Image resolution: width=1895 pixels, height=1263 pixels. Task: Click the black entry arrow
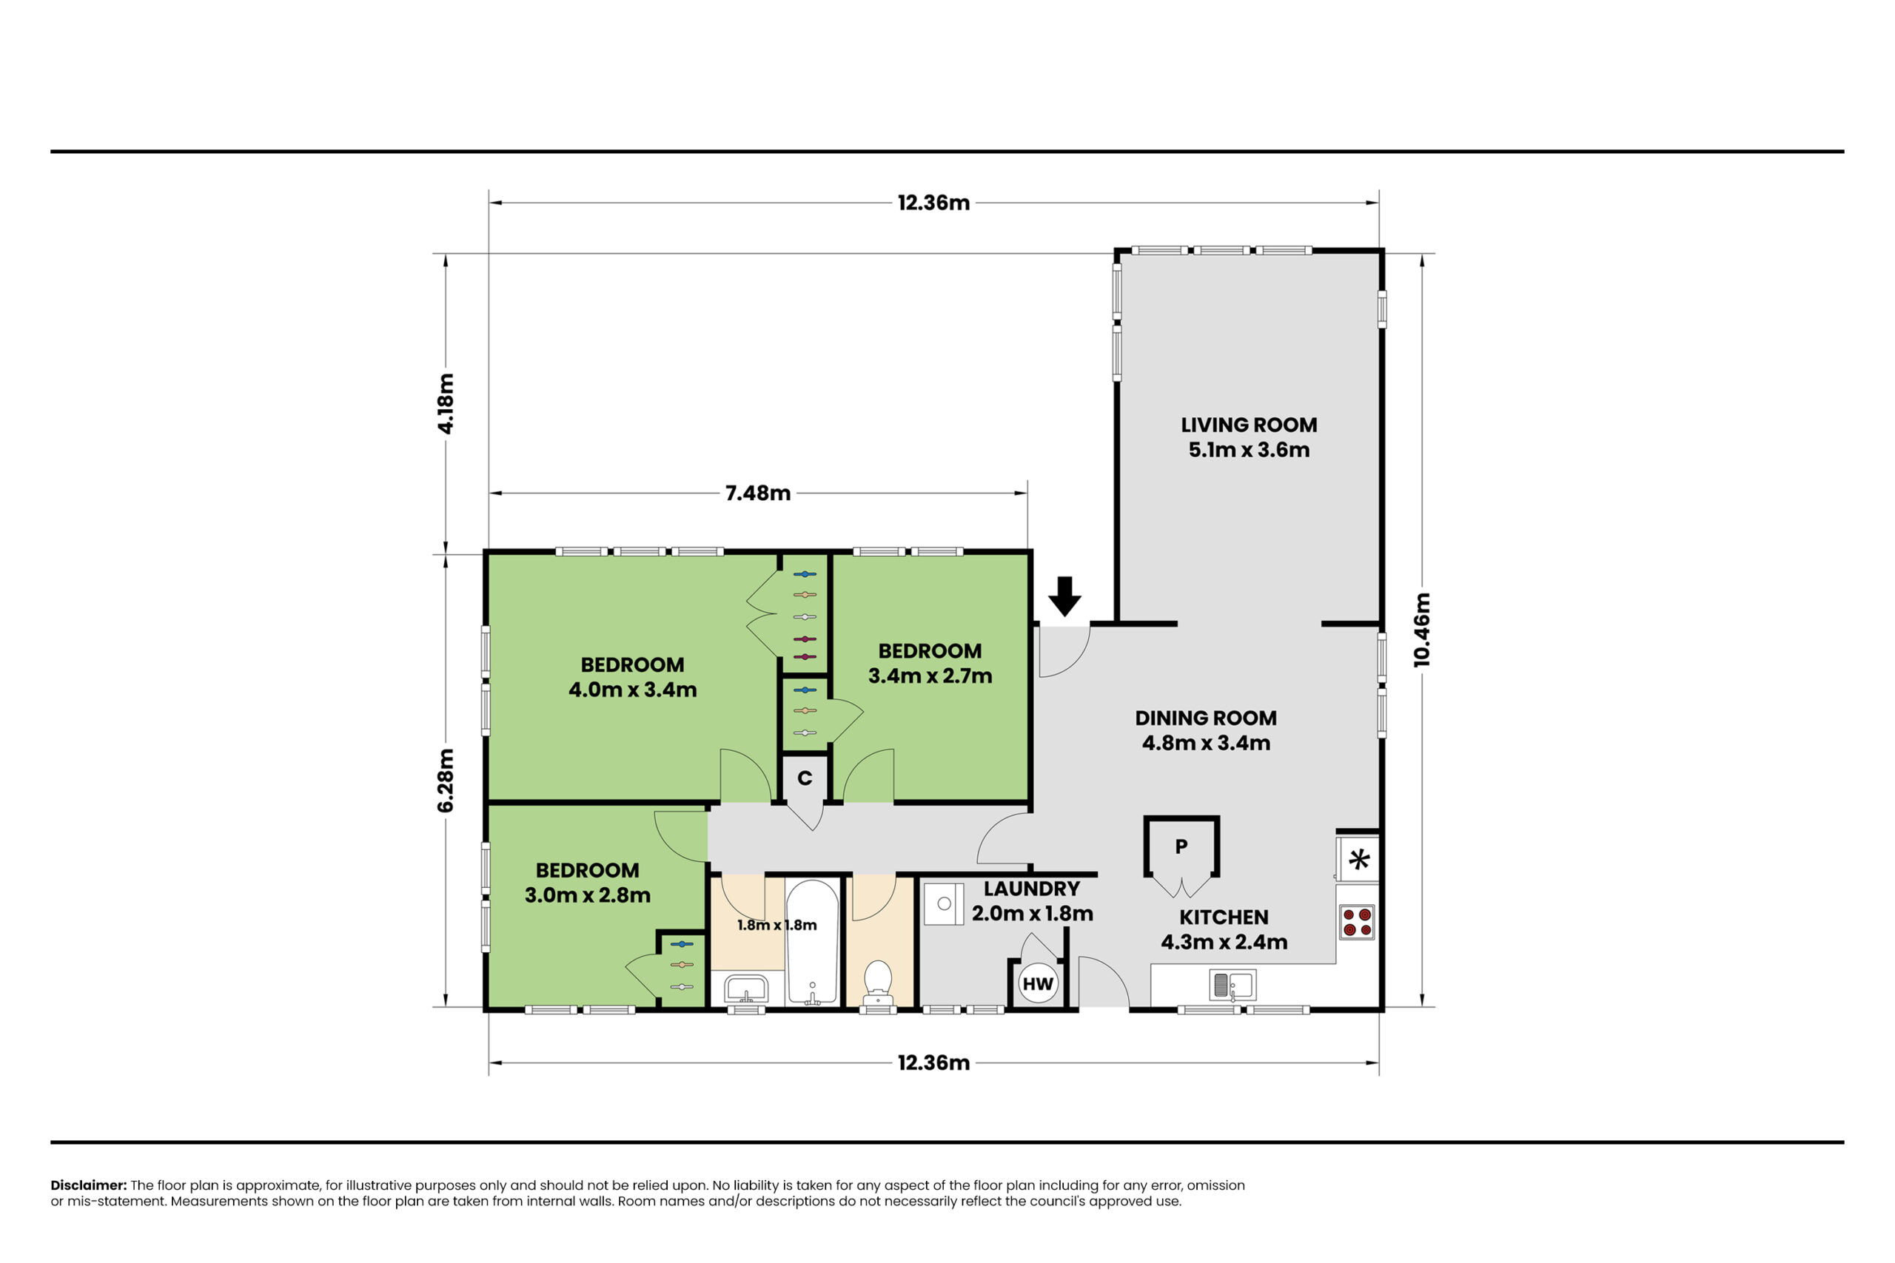tap(1064, 596)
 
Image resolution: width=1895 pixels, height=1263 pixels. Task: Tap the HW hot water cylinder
tap(1038, 983)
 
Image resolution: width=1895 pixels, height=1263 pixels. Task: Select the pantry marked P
tap(1181, 846)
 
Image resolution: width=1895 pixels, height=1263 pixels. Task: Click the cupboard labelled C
tap(805, 778)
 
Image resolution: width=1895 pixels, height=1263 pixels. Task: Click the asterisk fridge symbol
tap(1359, 860)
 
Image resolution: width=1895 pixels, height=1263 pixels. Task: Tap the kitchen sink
tap(1232, 984)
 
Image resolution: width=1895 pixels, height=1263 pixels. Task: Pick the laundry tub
tap(944, 903)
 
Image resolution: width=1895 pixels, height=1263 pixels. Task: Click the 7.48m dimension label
tap(758, 493)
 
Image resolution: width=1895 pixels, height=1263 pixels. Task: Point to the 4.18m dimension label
tap(446, 403)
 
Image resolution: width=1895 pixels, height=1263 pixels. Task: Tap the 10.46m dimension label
tap(1422, 630)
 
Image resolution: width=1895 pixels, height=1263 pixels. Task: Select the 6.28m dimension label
tap(446, 781)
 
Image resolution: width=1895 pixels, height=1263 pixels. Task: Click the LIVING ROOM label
tap(1249, 425)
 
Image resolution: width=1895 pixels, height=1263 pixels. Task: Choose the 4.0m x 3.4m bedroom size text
tap(632, 690)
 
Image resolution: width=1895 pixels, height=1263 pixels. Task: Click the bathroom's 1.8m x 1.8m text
tap(777, 925)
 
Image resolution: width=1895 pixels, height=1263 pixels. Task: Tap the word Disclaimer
tap(89, 1185)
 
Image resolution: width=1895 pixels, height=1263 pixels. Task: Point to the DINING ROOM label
tap(1205, 718)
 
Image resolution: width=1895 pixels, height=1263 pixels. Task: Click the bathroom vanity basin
tap(746, 988)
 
